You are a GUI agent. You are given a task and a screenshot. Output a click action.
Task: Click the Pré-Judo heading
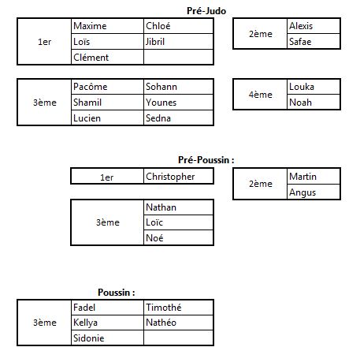pyautogui.click(x=206, y=11)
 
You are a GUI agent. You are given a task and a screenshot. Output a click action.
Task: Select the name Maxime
pyautogui.click(x=90, y=26)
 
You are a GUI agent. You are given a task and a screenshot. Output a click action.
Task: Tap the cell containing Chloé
pyautogui.click(x=179, y=26)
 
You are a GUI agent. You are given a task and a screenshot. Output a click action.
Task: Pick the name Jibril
pyautogui.click(x=155, y=42)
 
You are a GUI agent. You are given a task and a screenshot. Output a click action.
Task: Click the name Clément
pyautogui.click(x=91, y=58)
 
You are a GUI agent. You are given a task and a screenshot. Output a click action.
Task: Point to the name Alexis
pyautogui.click(x=301, y=26)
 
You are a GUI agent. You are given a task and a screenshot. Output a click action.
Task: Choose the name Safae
pyautogui.click(x=300, y=42)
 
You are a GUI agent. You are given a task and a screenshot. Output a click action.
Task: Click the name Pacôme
pyautogui.click(x=91, y=87)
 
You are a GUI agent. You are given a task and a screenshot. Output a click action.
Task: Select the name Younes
pyautogui.click(x=161, y=103)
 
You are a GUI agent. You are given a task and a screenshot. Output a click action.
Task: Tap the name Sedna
pyautogui.click(x=158, y=118)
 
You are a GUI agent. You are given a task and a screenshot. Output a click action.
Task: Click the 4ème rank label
pyautogui.click(x=261, y=95)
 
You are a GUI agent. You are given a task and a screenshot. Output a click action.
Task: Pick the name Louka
pyautogui.click(x=302, y=87)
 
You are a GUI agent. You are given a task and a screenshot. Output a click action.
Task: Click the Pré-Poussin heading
pyautogui.click(x=206, y=160)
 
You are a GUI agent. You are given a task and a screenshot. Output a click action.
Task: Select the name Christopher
pyautogui.click(x=170, y=177)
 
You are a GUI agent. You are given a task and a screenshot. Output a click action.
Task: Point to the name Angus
pyautogui.click(x=302, y=192)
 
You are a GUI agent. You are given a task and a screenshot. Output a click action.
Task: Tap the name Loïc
pyautogui.click(x=154, y=222)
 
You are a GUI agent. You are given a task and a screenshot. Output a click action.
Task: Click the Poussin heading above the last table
pyautogui.click(x=117, y=293)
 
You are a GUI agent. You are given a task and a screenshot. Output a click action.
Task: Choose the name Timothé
pyautogui.click(x=163, y=307)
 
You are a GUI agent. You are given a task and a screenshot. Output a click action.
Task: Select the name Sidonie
pyautogui.click(x=88, y=338)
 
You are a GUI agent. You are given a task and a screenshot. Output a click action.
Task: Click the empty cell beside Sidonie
pyautogui.click(x=179, y=338)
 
